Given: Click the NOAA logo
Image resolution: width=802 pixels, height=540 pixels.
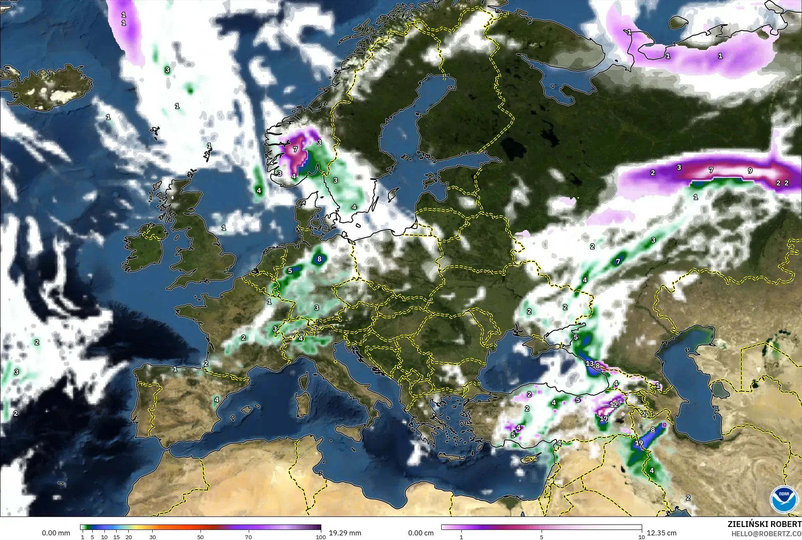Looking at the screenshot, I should [784, 499].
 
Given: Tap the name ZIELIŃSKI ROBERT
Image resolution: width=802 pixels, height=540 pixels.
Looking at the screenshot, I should [764, 524].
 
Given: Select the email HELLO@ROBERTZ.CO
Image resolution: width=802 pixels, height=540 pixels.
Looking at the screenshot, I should [766, 534].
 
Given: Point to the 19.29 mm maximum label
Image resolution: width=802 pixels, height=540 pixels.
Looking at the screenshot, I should [345, 533].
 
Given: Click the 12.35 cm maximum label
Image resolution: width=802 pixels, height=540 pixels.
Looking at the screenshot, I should [661, 533].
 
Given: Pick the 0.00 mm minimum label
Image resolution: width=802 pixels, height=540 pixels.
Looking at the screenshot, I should [56, 533].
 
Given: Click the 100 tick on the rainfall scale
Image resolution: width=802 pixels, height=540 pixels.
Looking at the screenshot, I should [320, 537].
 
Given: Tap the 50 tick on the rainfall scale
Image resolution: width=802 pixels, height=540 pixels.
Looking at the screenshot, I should [200, 537].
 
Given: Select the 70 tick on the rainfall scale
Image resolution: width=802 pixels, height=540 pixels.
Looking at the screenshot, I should [248, 537].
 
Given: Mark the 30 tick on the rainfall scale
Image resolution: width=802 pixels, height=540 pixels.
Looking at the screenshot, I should [153, 537].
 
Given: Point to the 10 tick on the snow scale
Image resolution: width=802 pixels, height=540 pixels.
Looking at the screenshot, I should [641, 537].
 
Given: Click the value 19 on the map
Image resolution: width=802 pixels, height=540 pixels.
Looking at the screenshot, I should [639, 443].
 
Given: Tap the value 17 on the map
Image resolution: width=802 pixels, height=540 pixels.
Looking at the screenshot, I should [604, 419].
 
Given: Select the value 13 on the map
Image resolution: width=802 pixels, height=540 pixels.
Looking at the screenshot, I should [590, 363].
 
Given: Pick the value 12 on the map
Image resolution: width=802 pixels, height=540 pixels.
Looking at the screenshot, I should [614, 404].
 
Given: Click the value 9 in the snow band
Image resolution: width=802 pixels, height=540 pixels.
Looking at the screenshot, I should [750, 171].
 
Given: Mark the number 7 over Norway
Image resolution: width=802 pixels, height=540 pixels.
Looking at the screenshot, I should [295, 149].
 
